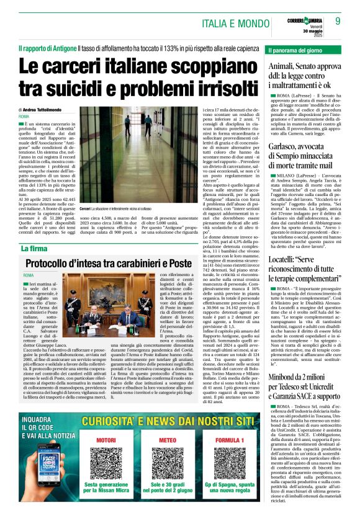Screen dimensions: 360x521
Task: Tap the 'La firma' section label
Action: click(33, 249)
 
